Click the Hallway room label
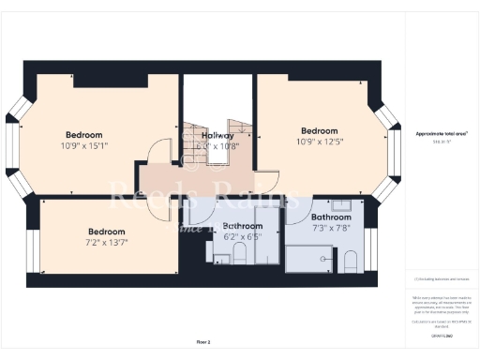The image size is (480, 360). (218, 135)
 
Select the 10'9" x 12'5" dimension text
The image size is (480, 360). (319, 142)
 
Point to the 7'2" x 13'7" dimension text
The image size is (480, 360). (107, 243)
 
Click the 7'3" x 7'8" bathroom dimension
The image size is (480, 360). (330, 228)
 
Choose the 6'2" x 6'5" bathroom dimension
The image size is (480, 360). (240, 237)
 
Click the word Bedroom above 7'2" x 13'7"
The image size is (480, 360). (107, 232)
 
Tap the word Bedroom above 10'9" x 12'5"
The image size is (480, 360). (319, 130)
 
